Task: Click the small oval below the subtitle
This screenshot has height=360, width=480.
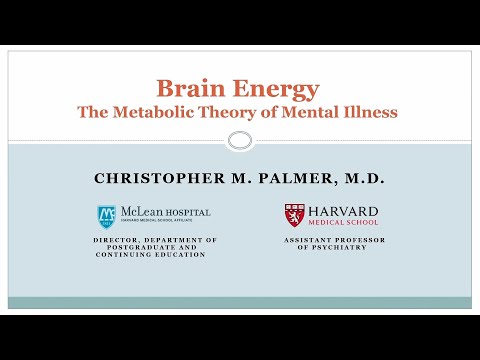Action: pos(239,140)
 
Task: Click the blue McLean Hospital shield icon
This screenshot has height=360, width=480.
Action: pos(105,215)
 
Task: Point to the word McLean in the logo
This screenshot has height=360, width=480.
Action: pos(138,212)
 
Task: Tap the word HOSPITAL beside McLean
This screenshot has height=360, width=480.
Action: pos(187,212)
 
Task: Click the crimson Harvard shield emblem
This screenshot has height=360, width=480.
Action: pos(295,215)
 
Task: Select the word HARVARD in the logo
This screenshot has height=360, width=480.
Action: pos(343,211)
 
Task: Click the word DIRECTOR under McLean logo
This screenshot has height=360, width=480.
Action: pos(120,241)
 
